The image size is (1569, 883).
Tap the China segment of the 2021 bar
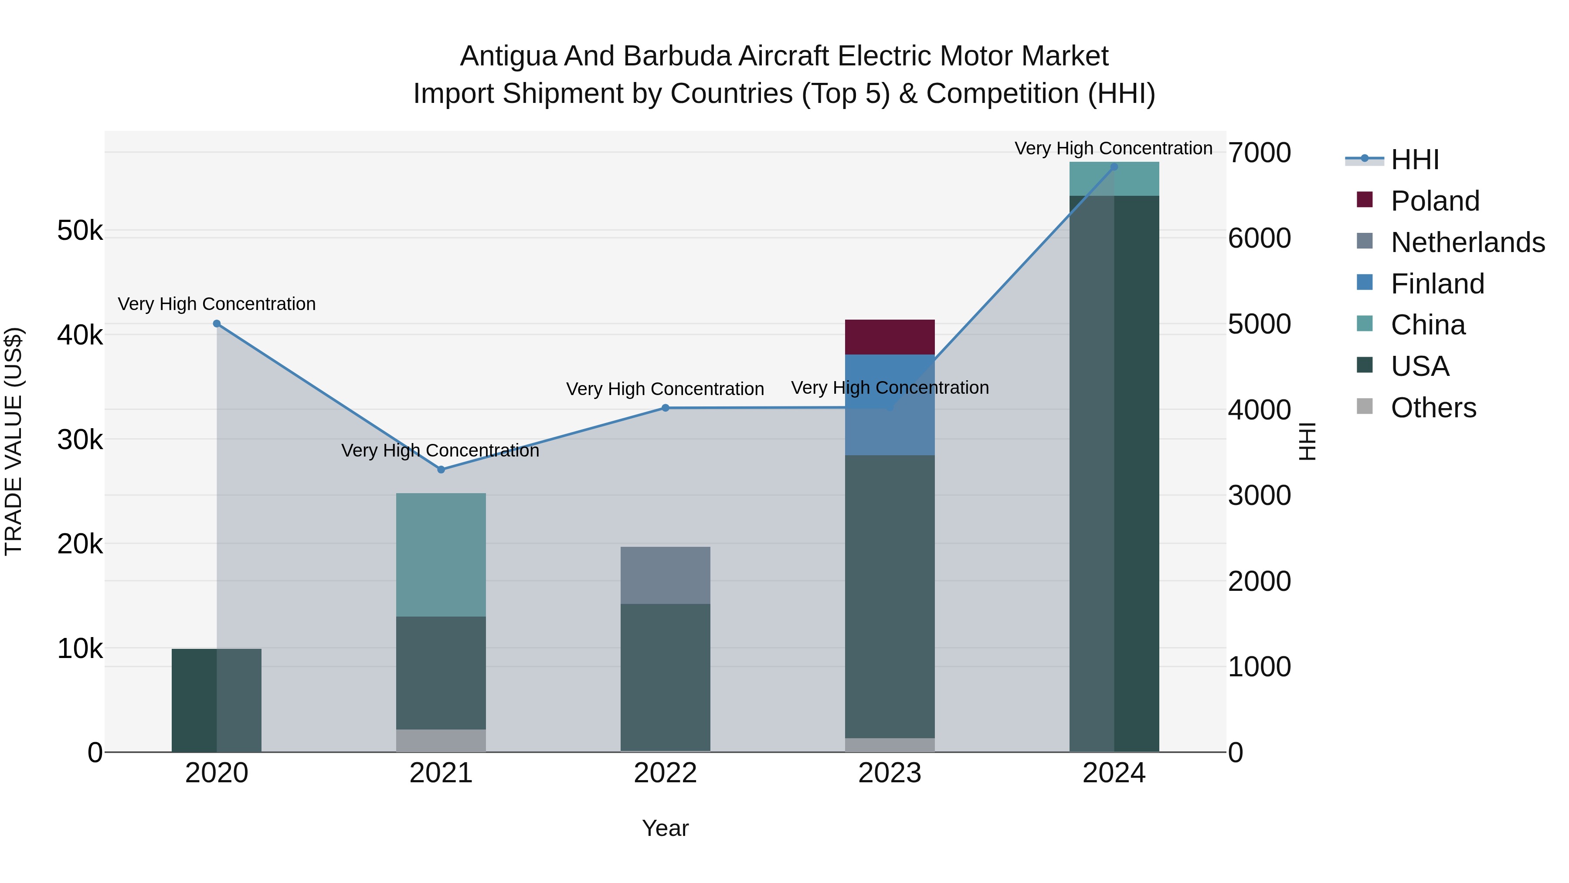point(441,555)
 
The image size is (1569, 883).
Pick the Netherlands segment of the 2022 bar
point(665,575)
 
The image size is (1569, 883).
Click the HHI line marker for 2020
point(217,324)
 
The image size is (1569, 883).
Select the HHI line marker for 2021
point(441,469)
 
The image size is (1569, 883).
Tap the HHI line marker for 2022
point(665,408)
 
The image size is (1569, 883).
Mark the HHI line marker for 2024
point(1114,167)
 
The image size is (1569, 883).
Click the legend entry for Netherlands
point(1467,242)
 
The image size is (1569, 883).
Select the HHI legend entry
point(1414,160)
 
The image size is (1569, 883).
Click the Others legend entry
point(1433,408)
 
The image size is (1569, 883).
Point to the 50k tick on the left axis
point(80,231)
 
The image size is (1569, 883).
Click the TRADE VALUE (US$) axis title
point(14,441)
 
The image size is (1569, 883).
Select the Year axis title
point(665,828)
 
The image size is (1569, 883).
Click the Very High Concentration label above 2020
point(217,303)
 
